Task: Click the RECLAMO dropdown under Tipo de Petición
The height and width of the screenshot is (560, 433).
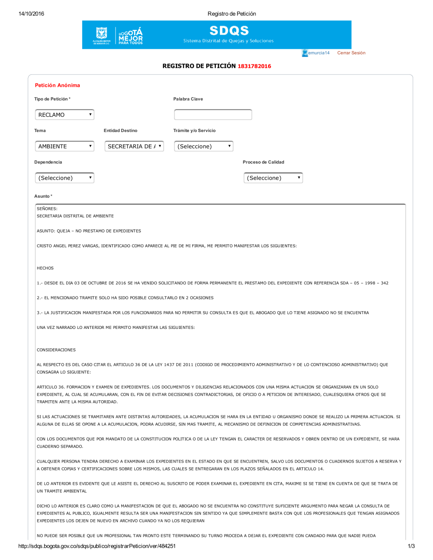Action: (65, 115)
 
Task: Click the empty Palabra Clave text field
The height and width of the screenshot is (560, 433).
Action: (213, 115)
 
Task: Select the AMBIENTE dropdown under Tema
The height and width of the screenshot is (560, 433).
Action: (65, 146)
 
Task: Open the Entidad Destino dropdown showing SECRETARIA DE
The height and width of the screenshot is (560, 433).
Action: (134, 146)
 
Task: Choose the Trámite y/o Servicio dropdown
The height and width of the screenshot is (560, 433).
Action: (204, 146)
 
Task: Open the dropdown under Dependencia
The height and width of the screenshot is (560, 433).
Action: (65, 178)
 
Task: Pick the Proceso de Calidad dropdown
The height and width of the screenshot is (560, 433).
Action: (273, 178)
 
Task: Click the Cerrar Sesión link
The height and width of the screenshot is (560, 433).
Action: (351, 53)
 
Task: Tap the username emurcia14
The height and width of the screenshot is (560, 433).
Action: (319, 53)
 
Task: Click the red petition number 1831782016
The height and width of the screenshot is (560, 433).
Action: (254, 66)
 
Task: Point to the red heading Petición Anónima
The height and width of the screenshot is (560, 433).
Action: (58, 85)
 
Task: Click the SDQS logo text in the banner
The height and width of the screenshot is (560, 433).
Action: (229, 31)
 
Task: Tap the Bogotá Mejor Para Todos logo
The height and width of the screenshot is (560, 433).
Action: (130, 36)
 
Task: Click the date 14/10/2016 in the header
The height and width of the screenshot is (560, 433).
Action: (31, 14)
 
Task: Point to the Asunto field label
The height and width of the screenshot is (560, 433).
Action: (43, 196)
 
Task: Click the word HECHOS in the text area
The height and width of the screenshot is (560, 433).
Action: (45, 268)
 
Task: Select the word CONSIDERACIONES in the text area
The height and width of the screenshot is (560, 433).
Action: (56, 350)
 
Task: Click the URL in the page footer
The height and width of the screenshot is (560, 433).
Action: (97, 546)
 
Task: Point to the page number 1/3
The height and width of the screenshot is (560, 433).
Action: (411, 546)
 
